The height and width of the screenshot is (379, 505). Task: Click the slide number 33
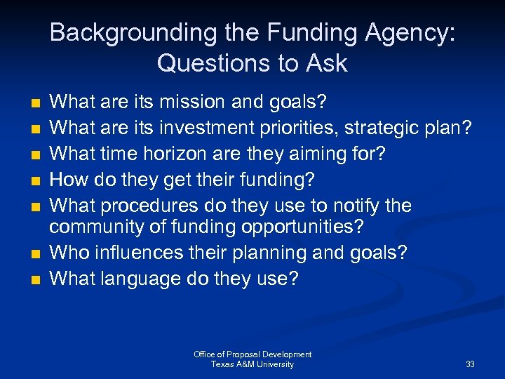pyautogui.click(x=469, y=364)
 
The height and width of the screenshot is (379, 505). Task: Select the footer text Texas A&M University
pyautogui.click(x=252, y=364)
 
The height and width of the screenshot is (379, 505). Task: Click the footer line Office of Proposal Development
pyautogui.click(x=252, y=354)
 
